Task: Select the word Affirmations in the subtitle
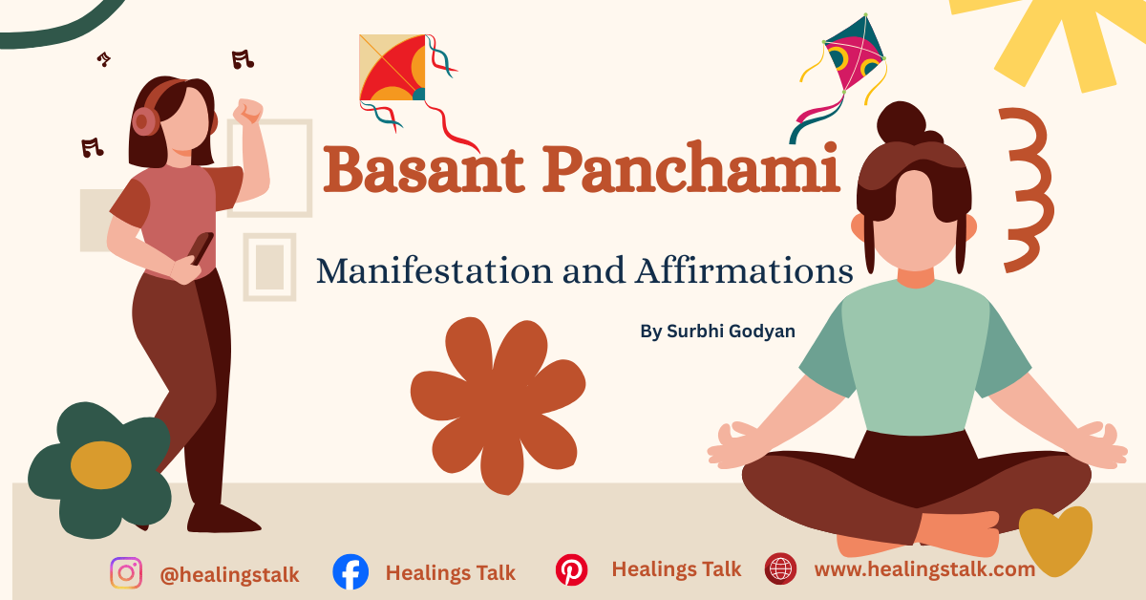742,270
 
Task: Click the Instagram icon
126,573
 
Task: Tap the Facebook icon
350,572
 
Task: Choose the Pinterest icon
571,570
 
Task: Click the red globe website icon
780,569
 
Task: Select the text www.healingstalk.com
923,569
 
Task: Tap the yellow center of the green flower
100,465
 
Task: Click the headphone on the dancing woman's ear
145,120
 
